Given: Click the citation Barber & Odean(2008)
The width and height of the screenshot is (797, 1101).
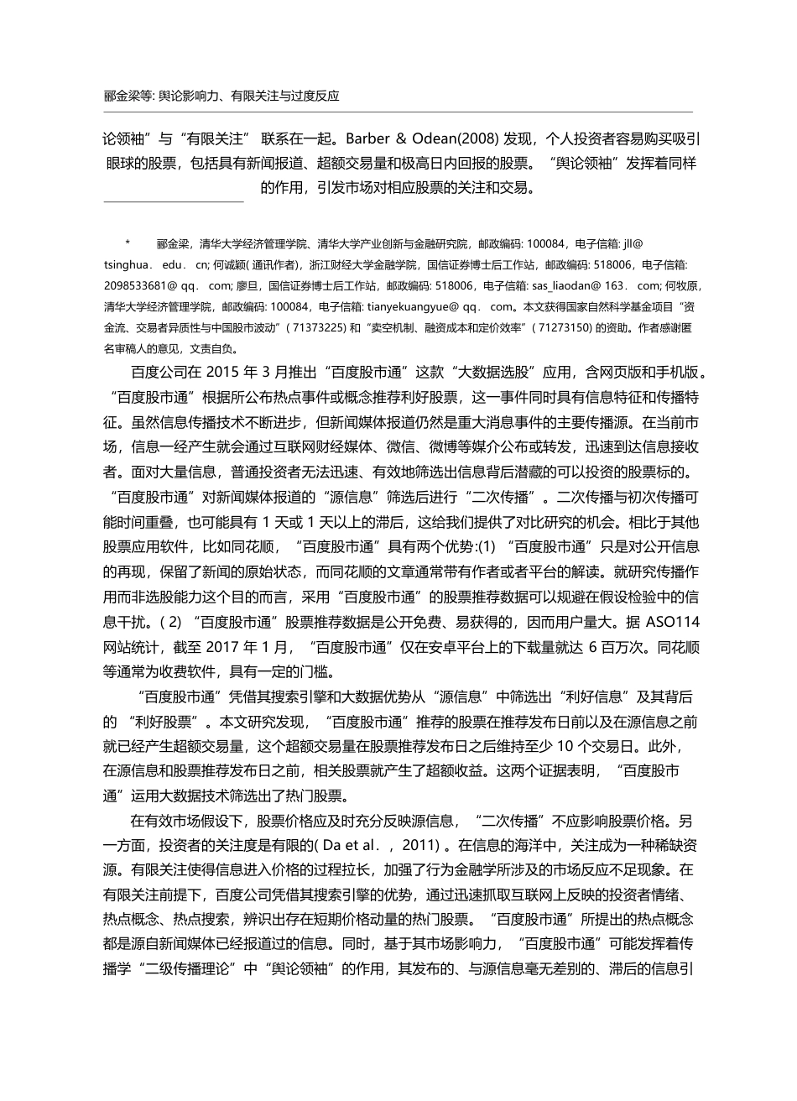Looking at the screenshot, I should (405, 138).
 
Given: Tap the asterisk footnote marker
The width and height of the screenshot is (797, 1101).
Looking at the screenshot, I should (128, 243).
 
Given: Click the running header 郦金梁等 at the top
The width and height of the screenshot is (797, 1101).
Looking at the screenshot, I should (125, 96).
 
